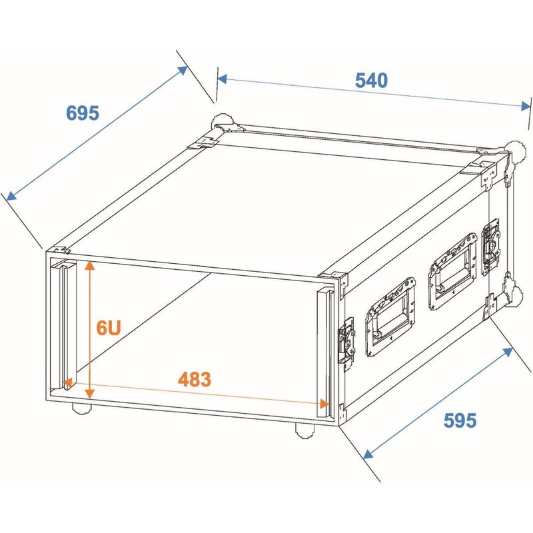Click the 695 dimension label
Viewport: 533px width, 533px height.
(x=83, y=113)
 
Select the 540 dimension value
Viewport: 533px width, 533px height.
(x=370, y=81)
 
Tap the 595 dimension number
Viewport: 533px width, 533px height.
(x=460, y=420)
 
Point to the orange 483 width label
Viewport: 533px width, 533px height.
(x=194, y=380)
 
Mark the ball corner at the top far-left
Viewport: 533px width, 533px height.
(x=219, y=123)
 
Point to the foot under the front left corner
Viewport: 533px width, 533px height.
(x=83, y=408)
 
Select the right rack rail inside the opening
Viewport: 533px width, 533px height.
(x=325, y=346)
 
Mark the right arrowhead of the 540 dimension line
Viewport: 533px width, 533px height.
(x=525, y=106)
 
